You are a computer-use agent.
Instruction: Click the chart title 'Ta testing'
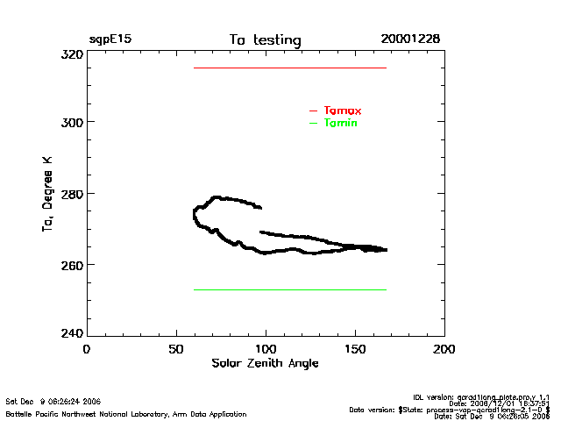(265, 40)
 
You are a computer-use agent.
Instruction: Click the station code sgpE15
(110, 39)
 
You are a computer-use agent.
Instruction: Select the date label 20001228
(410, 39)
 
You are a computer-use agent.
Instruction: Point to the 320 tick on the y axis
(72, 54)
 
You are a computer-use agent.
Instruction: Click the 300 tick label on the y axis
(72, 122)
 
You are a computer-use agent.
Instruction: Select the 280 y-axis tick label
(72, 193)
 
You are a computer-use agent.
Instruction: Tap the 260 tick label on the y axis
(72, 264)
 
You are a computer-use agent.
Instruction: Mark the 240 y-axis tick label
(72, 334)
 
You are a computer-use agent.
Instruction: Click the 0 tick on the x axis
(86, 349)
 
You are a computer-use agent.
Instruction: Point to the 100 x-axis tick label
(266, 349)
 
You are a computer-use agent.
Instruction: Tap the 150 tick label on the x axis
(355, 349)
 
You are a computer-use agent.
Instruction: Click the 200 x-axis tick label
(445, 349)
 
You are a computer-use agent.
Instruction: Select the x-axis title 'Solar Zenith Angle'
(265, 363)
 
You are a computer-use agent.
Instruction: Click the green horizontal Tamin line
(289, 289)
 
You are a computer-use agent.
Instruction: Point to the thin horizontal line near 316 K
(289, 68)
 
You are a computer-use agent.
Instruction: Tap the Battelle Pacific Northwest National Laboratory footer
(126, 414)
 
